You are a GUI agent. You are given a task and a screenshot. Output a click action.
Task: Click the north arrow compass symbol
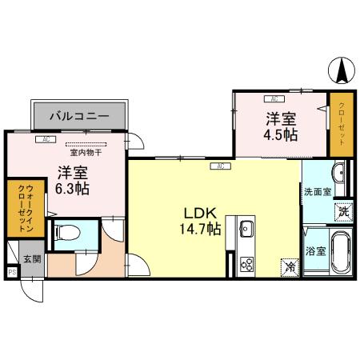point(342,73)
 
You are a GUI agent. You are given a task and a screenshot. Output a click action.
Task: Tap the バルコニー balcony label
point(78,116)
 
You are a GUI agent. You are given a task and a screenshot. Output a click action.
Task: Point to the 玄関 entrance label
point(31,259)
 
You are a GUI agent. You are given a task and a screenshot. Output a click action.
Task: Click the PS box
point(11,272)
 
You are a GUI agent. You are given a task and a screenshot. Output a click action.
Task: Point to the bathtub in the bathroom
point(342,252)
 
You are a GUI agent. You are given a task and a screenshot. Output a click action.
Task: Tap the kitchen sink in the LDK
point(246,230)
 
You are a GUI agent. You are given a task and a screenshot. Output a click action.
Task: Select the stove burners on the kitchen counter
point(246,263)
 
